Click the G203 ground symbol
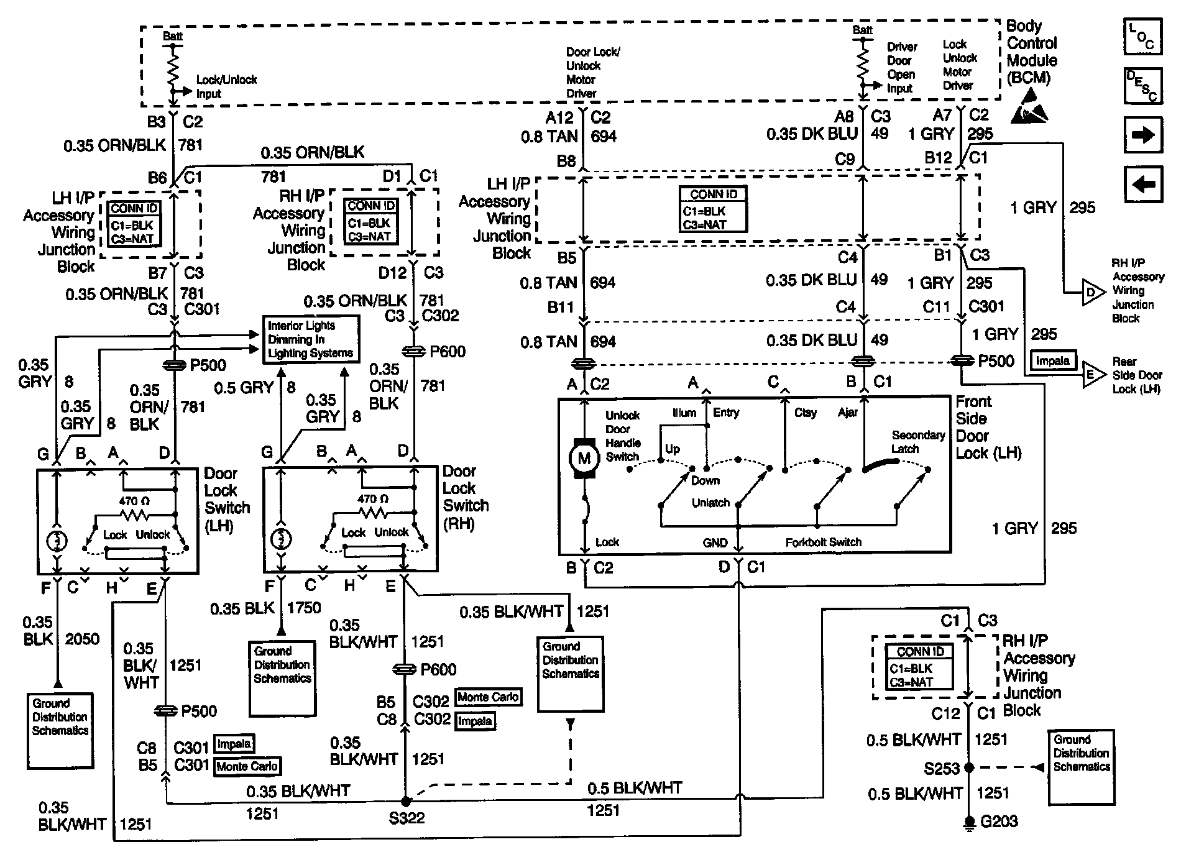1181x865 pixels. pos(968,823)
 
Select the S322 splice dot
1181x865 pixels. pos(405,802)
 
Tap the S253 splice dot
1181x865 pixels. pos(968,768)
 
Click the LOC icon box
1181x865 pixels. pos(1142,36)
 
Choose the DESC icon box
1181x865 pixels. pos(1142,85)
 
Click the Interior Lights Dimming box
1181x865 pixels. pos(311,339)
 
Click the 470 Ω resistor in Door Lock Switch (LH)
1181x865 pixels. pos(134,515)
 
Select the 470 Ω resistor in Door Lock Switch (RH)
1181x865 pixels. pos(372,513)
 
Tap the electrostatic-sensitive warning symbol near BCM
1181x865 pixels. pos(1029,106)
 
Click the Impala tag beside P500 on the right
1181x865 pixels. pos(1053,360)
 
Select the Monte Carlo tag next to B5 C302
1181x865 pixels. pos(488,697)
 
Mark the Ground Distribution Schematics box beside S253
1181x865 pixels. pos(1081,767)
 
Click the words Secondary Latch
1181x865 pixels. pos(918,442)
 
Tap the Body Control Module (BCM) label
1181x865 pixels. pos(1032,52)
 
